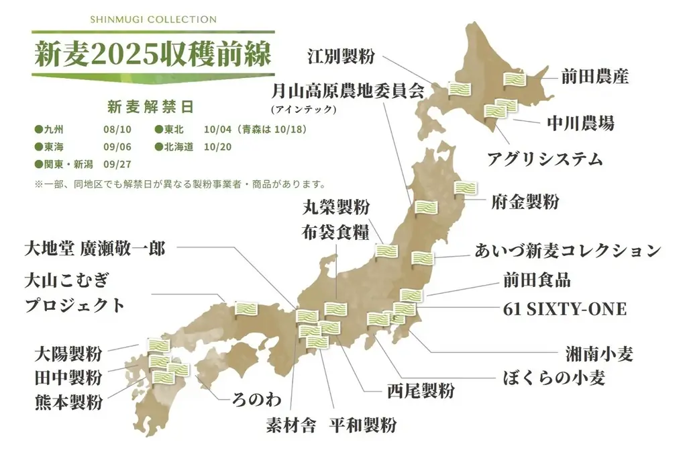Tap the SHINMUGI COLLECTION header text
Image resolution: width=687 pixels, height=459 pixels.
coord(153,19)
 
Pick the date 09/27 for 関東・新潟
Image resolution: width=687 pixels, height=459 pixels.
coord(116,164)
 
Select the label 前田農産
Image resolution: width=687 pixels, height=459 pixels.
coord(594,77)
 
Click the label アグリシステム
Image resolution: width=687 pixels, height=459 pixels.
coord(545,159)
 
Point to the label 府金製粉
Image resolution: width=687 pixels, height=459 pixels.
coord(525,202)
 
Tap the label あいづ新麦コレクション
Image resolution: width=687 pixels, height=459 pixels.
coord(568,251)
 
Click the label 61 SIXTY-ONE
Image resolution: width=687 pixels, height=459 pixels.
coord(564,309)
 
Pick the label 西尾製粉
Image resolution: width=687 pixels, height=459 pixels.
coord(421,390)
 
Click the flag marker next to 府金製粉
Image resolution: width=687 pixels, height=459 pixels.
coord(466,189)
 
